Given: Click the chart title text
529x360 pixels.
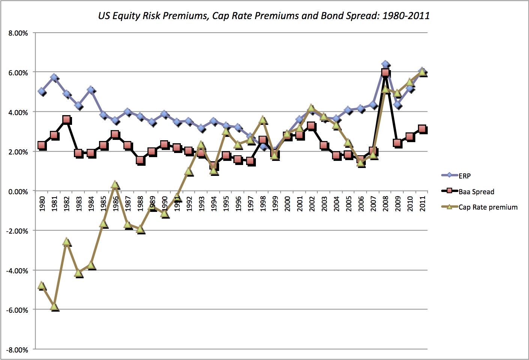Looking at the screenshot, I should coord(264,16).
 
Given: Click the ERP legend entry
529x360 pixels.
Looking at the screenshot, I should coord(464,176).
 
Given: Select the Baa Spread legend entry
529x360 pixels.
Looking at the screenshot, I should coord(476,192).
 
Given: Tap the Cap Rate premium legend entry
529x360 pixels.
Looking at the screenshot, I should coord(487,207).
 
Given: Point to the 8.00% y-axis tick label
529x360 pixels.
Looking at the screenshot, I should coord(18,33).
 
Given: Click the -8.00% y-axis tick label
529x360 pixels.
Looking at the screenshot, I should coord(17,350).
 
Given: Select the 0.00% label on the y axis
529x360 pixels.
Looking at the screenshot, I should coord(18,192).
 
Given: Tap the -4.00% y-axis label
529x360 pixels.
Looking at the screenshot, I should coord(17,271).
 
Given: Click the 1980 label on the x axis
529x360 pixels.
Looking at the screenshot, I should coord(42,204).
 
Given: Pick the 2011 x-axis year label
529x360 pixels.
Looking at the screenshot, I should coord(422,204).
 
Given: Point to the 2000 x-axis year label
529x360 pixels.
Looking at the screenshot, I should coord(287,204).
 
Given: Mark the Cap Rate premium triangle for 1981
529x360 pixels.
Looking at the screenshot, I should coord(54,307).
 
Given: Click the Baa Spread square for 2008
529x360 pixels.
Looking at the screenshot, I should coord(385,72).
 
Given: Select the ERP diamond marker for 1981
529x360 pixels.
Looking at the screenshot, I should coord(54,78).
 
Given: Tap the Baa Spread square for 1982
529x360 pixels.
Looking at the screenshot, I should coord(66,120).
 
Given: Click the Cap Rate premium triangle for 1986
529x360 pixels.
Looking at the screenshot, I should coord(115,185).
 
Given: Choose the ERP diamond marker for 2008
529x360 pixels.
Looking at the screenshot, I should coord(385,64).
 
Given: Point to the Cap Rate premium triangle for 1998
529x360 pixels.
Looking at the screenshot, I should coord(263,120).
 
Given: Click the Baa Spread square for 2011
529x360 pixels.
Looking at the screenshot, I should coord(422,129).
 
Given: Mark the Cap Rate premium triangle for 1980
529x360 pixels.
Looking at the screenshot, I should coord(42,286).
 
